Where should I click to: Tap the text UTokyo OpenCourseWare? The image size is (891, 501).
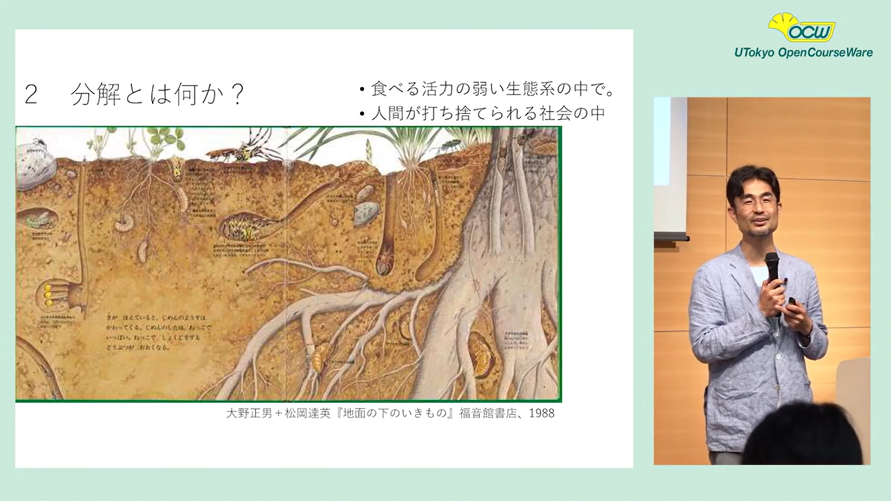click(803, 52)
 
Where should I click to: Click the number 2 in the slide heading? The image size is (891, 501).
click(31, 95)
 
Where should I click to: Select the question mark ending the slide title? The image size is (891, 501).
click(237, 95)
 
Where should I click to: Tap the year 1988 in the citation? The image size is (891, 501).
click(541, 413)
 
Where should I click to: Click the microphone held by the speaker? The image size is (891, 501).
click(772, 267)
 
